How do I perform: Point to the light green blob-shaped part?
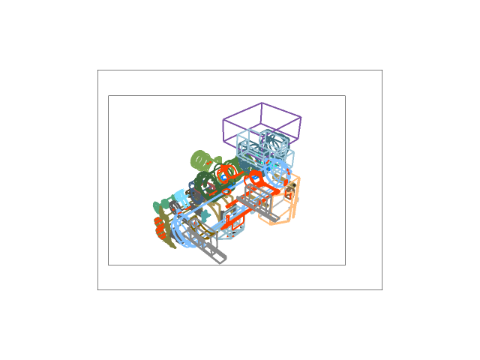pyautogui.click(x=201, y=160)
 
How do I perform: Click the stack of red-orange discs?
pyautogui.click(x=160, y=228)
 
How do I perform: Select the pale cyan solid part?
pyautogui.click(x=181, y=197)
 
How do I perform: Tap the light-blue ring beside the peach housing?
pyautogui.click(x=278, y=172)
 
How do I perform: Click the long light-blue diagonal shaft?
pyautogui.click(x=217, y=199)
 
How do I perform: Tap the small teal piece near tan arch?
pyautogui.click(x=205, y=217)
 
